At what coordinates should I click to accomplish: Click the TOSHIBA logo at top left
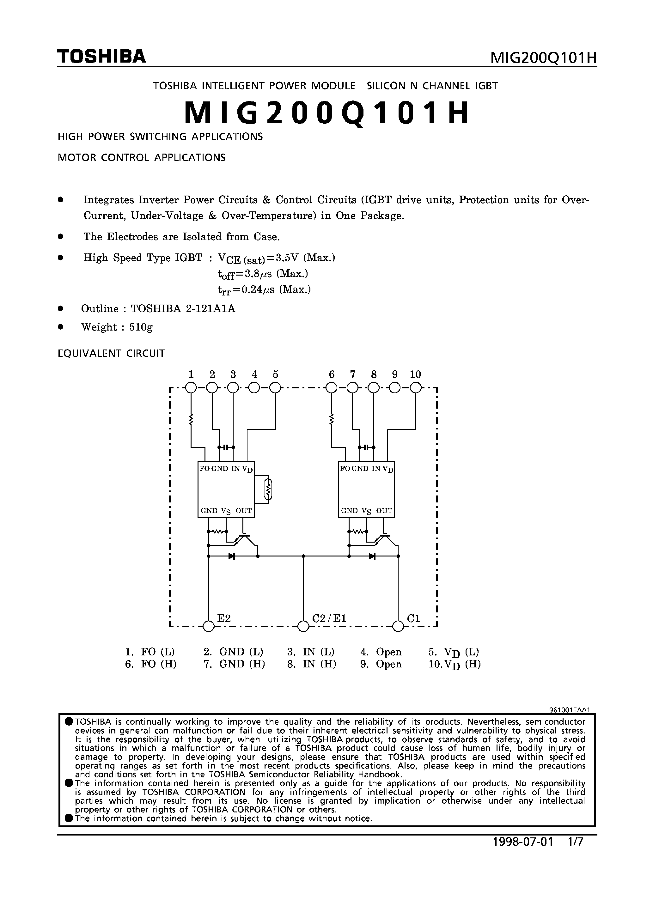point(101,56)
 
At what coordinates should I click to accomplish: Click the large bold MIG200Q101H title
point(326,113)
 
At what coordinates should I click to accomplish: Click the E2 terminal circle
point(209,626)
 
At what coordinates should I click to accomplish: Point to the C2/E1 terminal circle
point(303,626)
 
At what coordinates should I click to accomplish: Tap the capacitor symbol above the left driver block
point(226,447)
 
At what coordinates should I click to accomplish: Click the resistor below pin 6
point(331,420)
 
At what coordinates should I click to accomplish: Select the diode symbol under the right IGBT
point(372,556)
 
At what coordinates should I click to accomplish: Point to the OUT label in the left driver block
point(244,511)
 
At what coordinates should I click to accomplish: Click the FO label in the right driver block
point(345,468)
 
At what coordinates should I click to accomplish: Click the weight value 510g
point(141,327)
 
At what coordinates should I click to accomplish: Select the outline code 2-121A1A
point(211,309)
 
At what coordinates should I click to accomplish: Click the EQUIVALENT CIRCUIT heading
point(112,353)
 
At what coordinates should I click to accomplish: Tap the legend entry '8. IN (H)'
point(312,664)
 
